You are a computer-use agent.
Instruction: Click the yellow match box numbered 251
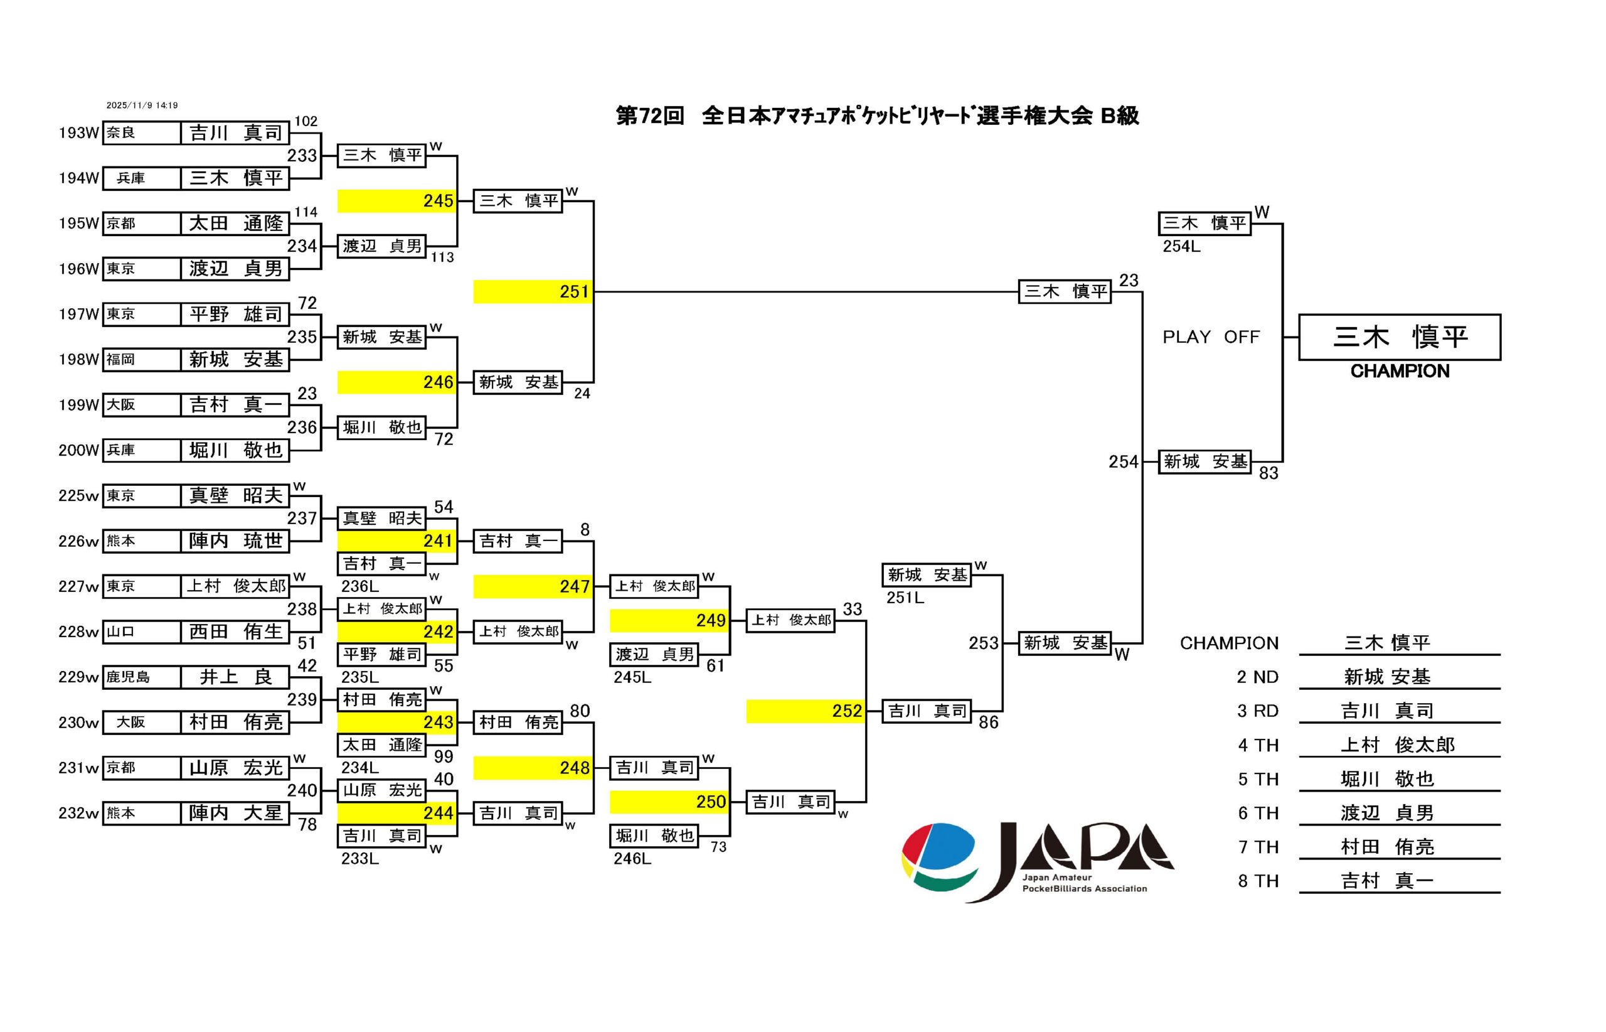tap(533, 291)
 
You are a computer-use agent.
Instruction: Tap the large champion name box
tap(1399, 336)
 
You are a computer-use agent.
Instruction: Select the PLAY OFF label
tap(1210, 336)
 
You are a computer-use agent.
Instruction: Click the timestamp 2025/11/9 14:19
tap(142, 105)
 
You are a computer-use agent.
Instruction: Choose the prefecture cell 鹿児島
tap(141, 677)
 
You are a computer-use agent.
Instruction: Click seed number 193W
tap(78, 132)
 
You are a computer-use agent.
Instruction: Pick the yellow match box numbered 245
tap(396, 201)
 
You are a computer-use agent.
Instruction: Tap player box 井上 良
tap(235, 677)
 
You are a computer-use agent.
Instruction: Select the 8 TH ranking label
tap(1258, 881)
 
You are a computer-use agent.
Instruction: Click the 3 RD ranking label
tap(1258, 711)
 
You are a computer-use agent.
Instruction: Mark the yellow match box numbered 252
tap(805, 711)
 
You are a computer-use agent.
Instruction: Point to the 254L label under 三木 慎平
tap(1181, 246)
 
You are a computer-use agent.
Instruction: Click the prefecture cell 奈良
tap(141, 132)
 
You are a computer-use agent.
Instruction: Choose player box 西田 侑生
tap(235, 632)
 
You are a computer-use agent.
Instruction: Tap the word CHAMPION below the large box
tap(1399, 371)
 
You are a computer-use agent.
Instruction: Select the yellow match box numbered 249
tap(668, 621)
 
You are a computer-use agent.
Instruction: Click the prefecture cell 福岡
tap(141, 359)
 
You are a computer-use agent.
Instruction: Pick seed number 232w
tap(78, 813)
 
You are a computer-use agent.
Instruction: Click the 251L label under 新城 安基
tap(905, 597)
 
